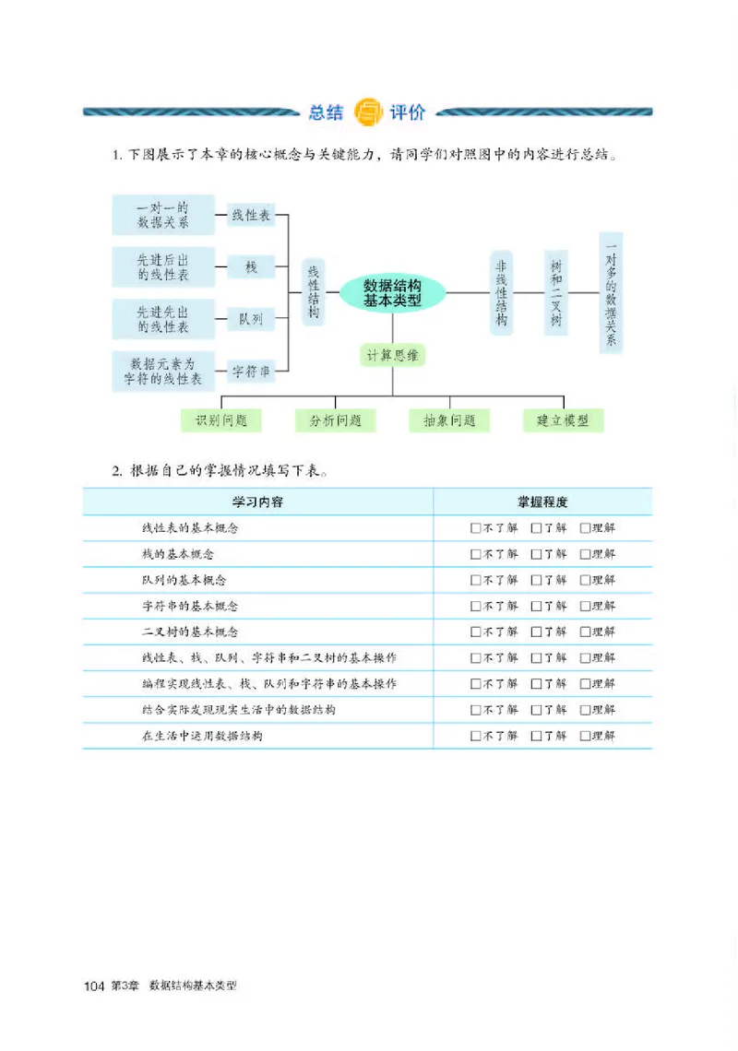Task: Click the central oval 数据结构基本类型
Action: (393, 293)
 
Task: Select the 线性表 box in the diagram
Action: (251, 216)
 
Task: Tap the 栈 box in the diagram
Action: (251, 267)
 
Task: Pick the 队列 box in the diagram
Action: (251, 319)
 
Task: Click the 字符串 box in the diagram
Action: (251, 372)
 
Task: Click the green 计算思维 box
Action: (393, 355)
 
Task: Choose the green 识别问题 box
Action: (221, 420)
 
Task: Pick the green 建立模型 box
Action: (563, 420)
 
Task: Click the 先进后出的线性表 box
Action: (163, 267)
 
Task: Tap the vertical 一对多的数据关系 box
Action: (610, 291)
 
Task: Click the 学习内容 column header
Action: (257, 502)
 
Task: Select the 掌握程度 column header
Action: (542, 502)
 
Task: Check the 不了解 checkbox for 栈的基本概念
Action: (475, 554)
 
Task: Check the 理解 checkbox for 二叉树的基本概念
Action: (585, 632)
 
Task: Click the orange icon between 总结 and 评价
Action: (367, 112)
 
